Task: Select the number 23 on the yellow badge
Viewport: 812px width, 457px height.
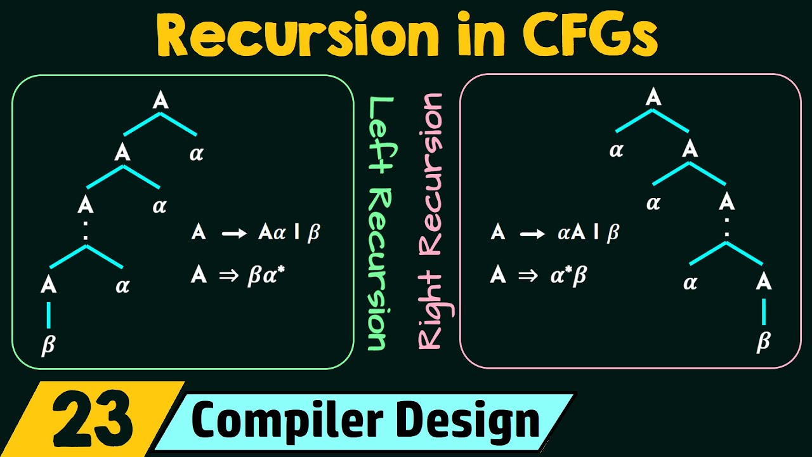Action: tap(92, 420)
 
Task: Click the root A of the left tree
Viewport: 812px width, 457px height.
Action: tap(160, 100)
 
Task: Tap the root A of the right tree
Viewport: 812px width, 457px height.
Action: tap(653, 98)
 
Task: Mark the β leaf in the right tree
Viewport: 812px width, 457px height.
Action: tap(763, 341)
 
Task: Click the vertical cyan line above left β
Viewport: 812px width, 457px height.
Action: tap(48, 315)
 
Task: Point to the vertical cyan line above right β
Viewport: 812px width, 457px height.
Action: tap(763, 312)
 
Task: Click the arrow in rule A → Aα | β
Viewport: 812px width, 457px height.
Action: tap(232, 234)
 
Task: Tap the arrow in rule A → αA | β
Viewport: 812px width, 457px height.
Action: tap(532, 234)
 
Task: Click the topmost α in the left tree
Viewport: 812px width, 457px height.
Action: tap(197, 154)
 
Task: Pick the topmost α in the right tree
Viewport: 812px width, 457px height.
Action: tap(616, 152)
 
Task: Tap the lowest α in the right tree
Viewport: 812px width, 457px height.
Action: tap(690, 283)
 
